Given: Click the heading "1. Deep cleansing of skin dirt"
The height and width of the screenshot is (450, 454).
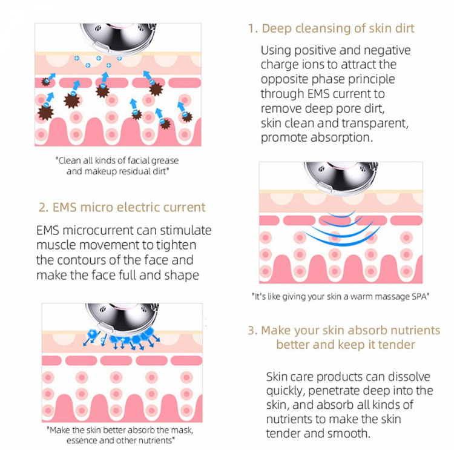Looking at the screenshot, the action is click(x=331, y=28).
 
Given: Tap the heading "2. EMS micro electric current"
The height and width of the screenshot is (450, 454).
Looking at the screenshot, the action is click(x=122, y=208).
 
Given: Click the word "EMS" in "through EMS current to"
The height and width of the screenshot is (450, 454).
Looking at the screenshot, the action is click(x=318, y=94).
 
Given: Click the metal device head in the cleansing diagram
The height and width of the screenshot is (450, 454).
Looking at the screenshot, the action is click(x=119, y=37).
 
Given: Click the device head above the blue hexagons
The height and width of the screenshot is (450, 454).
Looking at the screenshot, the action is click(x=123, y=317).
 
